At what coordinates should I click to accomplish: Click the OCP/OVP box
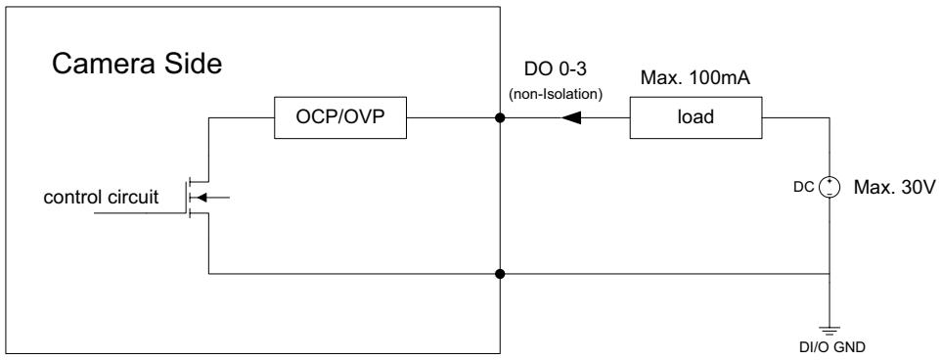[340, 117]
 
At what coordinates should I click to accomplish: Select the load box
[695, 117]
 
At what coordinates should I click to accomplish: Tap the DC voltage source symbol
[829, 187]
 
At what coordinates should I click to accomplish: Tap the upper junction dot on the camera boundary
[500, 117]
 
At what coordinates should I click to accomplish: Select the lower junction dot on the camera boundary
[500, 274]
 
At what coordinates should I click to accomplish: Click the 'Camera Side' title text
[137, 64]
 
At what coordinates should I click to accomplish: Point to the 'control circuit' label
[101, 197]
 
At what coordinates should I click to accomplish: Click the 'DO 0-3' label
[556, 69]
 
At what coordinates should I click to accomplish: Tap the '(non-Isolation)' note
[556, 94]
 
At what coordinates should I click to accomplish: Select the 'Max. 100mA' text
[695, 78]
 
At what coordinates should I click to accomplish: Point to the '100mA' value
[720, 78]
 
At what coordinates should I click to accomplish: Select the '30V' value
[917, 187]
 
